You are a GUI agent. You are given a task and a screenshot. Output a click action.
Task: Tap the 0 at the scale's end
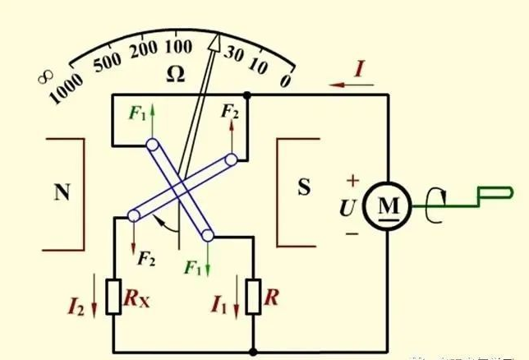click(x=285, y=79)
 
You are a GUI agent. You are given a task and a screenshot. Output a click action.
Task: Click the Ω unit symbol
click(x=175, y=75)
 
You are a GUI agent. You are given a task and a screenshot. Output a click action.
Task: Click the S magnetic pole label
click(x=303, y=188)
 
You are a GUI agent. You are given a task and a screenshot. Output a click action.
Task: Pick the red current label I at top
click(x=359, y=70)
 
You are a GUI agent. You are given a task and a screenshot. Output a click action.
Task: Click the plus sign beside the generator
click(x=352, y=179)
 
